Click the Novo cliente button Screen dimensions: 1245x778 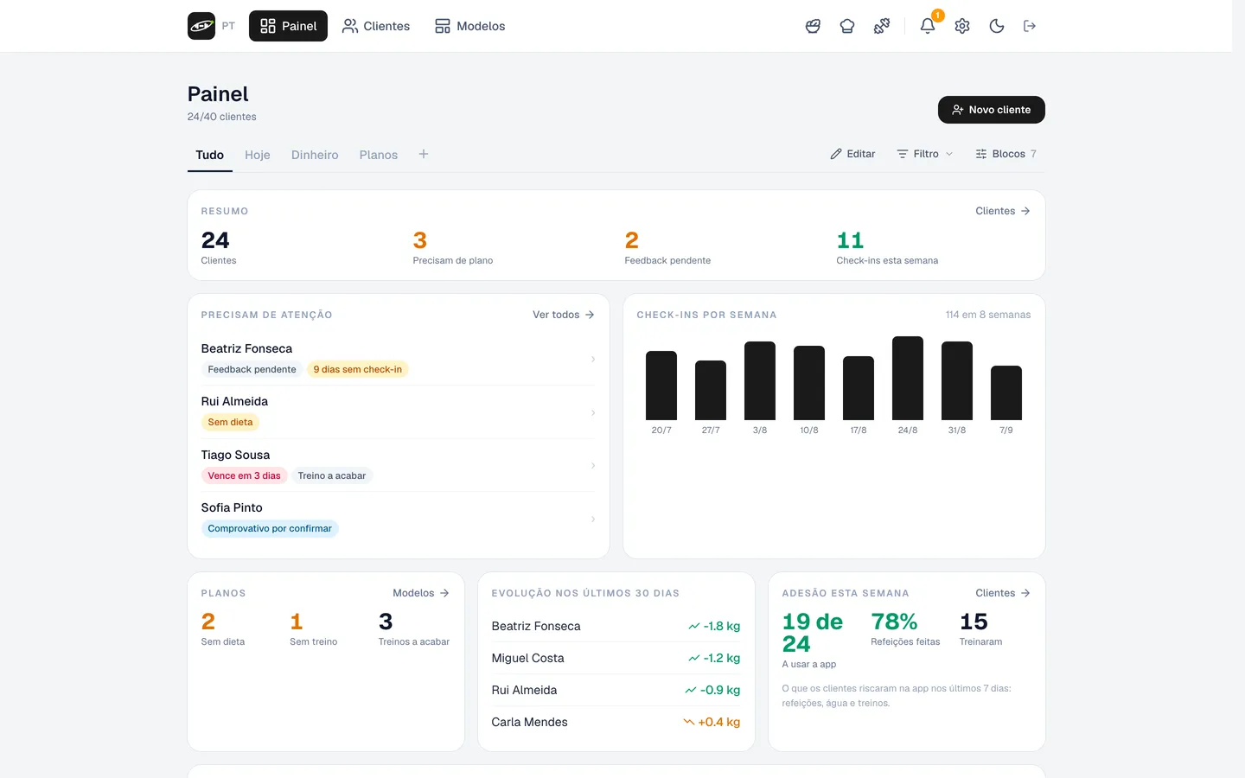click(991, 110)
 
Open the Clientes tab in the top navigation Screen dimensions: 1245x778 click(376, 26)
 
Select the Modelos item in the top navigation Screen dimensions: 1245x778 click(469, 26)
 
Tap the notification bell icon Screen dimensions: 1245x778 click(927, 26)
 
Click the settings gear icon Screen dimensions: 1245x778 click(962, 26)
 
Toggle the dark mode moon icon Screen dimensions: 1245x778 click(997, 26)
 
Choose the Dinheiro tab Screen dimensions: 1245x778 click(315, 155)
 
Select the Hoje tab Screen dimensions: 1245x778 click(258, 155)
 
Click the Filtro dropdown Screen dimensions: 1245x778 click(925, 154)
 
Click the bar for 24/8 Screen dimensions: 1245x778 click(908, 378)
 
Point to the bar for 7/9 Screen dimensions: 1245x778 click(1006, 392)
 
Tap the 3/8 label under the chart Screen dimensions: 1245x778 click(760, 430)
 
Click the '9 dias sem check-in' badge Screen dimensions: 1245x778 click(357, 370)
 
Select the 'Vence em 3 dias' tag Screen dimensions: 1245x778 click(244, 475)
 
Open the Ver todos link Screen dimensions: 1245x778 click(564, 315)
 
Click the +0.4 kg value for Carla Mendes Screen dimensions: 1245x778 click(718, 722)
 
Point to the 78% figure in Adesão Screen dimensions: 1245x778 click(894, 622)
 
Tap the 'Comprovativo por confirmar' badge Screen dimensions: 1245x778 click(270, 528)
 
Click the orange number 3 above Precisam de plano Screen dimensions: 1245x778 click(419, 240)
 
